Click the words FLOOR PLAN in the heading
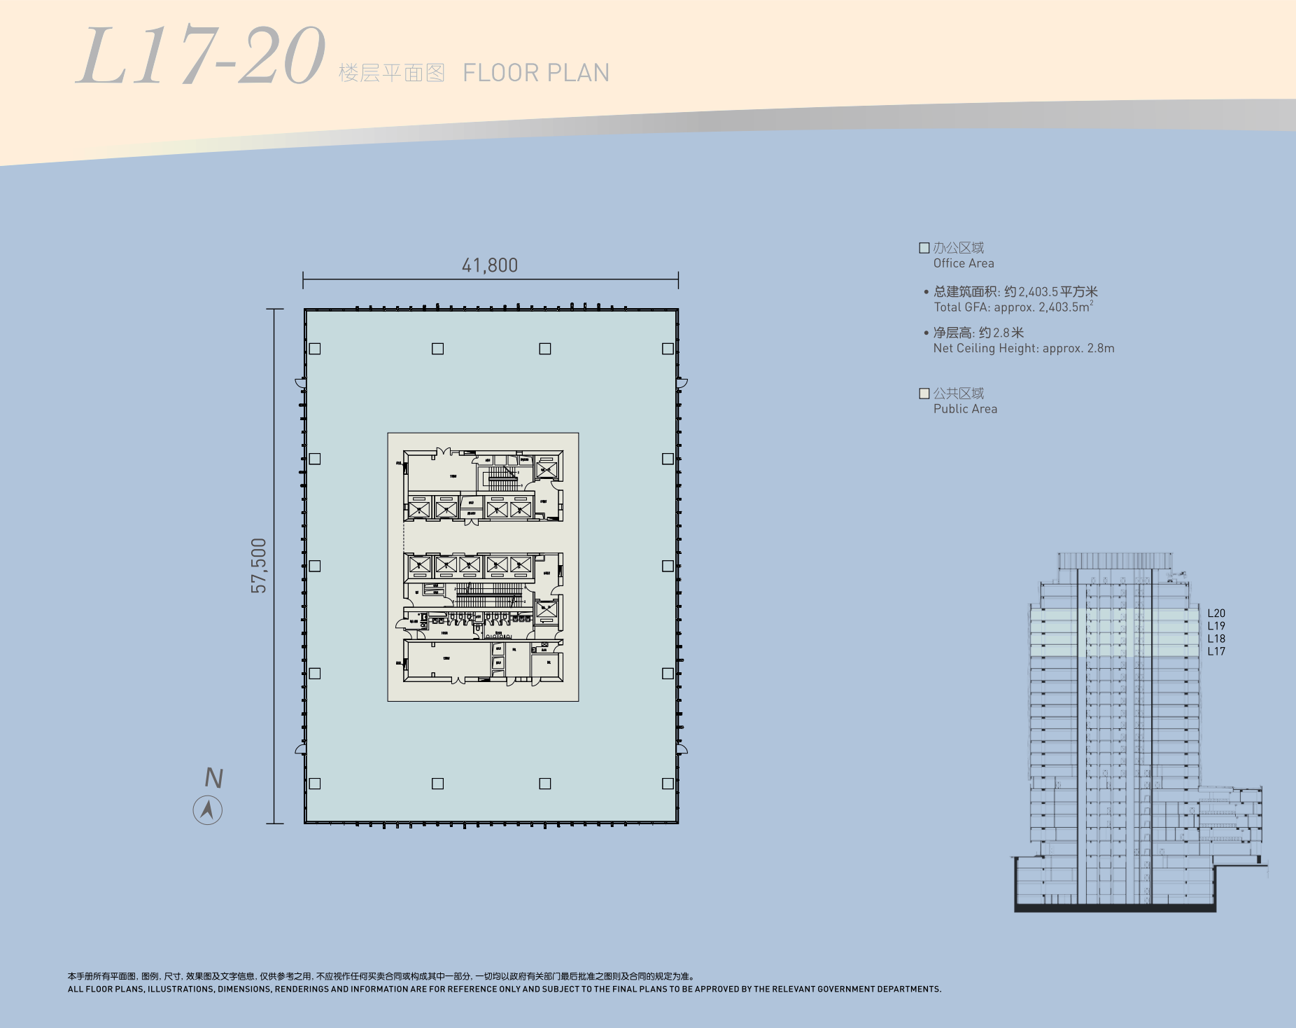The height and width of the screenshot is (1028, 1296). pyautogui.click(x=536, y=73)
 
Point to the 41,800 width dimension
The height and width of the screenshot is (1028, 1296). pyautogui.click(x=490, y=265)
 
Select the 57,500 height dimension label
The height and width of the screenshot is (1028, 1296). pyautogui.click(x=259, y=565)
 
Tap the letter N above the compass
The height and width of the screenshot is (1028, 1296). pyautogui.click(x=213, y=778)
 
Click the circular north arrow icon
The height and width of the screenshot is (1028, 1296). pyautogui.click(x=207, y=810)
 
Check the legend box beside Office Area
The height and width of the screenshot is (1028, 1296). pyautogui.click(x=924, y=248)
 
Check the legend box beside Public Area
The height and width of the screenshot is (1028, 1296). pyautogui.click(x=924, y=394)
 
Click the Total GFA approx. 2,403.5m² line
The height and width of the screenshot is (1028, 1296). pyautogui.click(x=1013, y=307)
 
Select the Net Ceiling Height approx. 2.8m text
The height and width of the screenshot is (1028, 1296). pyautogui.click(x=1023, y=348)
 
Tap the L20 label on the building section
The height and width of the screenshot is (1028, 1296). pyautogui.click(x=1216, y=613)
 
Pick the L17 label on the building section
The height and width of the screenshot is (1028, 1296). pyautogui.click(x=1216, y=651)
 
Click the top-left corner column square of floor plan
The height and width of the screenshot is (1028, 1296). pyautogui.click(x=315, y=349)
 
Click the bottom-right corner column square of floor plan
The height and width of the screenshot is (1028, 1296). pyautogui.click(x=668, y=784)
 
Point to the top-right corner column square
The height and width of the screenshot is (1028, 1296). pyautogui.click(x=668, y=349)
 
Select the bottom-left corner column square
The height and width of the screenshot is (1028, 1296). pyautogui.click(x=315, y=784)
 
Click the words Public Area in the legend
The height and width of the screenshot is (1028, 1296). pyautogui.click(x=965, y=409)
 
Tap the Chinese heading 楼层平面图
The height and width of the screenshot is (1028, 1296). pyautogui.click(x=391, y=73)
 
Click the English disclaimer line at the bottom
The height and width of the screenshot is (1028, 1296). pyautogui.click(x=504, y=989)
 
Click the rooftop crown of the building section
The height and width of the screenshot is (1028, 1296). pyautogui.click(x=1114, y=560)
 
